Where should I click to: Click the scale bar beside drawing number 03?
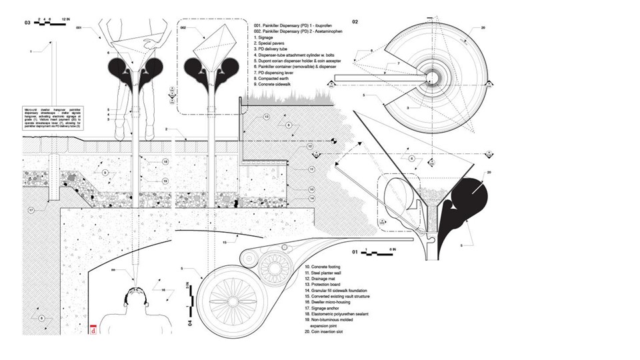click(51, 23)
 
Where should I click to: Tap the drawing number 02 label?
click(355, 23)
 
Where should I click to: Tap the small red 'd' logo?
click(93, 328)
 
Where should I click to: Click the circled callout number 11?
click(310, 170)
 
